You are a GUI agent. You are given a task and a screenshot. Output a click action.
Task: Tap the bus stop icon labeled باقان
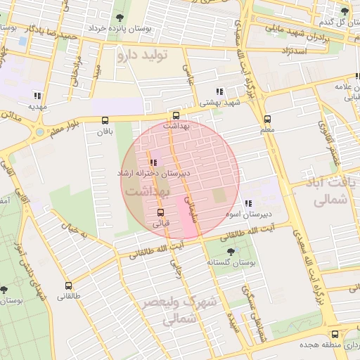click(x=105, y=120)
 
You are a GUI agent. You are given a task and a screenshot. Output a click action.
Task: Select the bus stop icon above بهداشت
click(x=176, y=115)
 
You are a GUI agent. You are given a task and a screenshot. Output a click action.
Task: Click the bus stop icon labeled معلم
click(x=267, y=119)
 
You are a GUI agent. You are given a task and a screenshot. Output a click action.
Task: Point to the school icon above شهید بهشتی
click(x=220, y=91)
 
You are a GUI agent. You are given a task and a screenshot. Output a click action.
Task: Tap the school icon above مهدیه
click(x=37, y=96)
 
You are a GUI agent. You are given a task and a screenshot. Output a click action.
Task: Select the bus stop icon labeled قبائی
click(x=160, y=212)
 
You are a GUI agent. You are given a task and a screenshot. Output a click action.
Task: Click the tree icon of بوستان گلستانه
click(x=231, y=251)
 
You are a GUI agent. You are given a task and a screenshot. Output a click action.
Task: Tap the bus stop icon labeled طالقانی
click(x=69, y=285)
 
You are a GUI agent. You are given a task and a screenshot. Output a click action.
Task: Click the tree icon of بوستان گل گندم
click(x=345, y=11)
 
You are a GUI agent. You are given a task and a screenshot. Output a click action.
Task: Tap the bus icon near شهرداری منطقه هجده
click(x=335, y=335)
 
